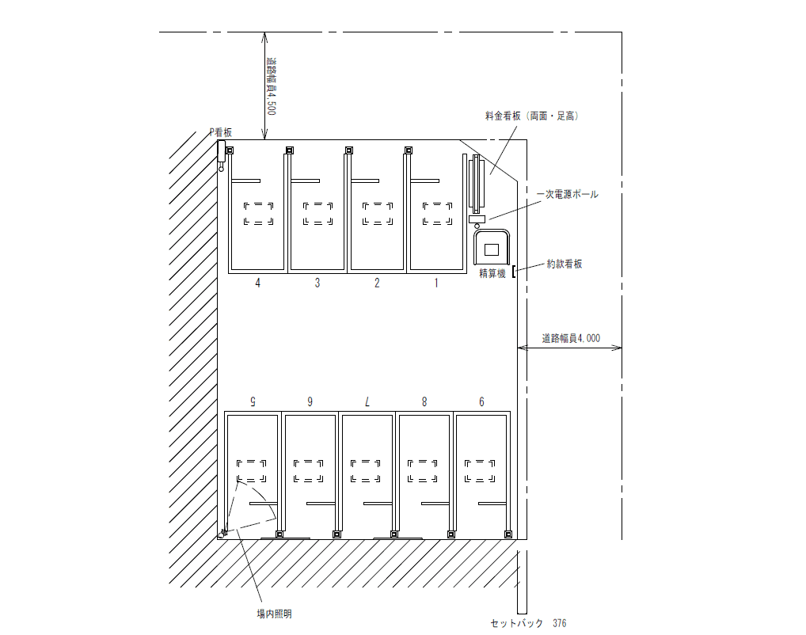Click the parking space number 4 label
click(257, 283)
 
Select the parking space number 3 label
click(317, 283)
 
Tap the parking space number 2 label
click(377, 283)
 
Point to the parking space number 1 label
click(435, 283)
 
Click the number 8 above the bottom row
click(424, 402)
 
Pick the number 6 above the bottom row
click(481, 402)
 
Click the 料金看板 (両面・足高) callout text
click(532, 116)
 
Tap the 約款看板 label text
click(564, 264)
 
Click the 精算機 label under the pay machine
click(492, 274)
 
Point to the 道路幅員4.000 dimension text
click(570, 338)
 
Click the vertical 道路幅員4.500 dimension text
click(270, 87)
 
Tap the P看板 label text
click(220, 133)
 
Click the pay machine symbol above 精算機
click(492, 248)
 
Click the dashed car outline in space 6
click(480, 470)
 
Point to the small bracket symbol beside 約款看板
click(515, 272)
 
